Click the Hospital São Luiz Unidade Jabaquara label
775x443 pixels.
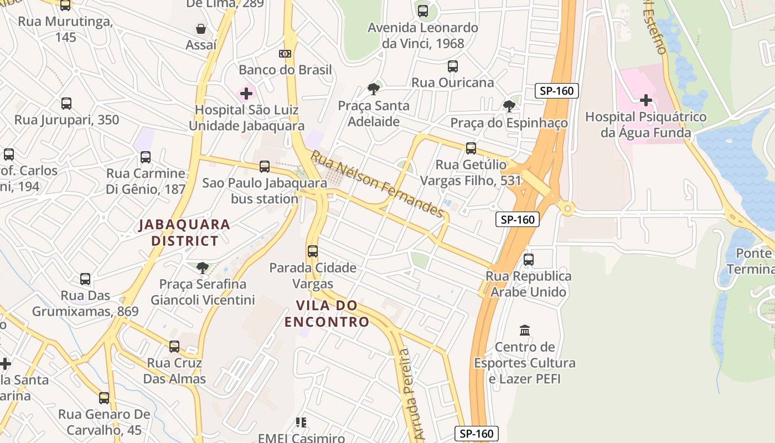pos(246,118)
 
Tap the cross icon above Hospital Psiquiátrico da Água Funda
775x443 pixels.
pos(645,100)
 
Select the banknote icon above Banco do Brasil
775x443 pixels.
pos(285,54)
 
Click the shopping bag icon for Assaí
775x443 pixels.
pos(201,28)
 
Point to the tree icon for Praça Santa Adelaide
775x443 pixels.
pos(374,89)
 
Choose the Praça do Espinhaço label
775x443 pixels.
pos(509,123)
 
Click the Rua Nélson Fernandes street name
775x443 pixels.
pos(377,184)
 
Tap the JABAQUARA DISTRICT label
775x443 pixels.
pos(184,233)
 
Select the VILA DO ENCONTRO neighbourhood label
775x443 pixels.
pos(327,313)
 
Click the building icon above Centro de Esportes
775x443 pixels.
pos(525,330)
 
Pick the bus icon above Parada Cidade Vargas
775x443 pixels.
pos(313,251)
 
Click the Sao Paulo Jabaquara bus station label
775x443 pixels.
pos(264,190)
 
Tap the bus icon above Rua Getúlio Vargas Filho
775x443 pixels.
pos(471,148)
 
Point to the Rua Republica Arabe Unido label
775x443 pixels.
pos(528,284)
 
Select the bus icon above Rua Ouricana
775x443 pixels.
pos(453,66)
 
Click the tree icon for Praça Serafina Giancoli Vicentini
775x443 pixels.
pos(203,268)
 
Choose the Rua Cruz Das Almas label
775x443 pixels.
pos(174,371)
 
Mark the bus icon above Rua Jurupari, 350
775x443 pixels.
pos(66,103)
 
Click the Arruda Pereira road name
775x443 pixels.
pos(411,393)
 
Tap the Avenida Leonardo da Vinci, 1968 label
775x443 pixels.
pos(423,35)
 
